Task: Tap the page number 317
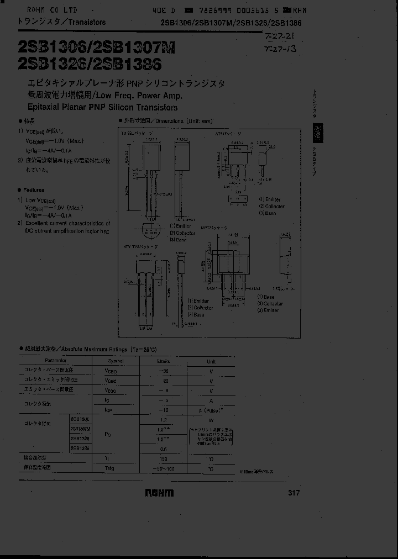click(x=294, y=493)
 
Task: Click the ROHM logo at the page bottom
click(x=159, y=493)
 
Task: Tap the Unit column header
click(x=211, y=361)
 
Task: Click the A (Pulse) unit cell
click(x=211, y=410)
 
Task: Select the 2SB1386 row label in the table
click(x=81, y=448)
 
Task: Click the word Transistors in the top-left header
click(x=87, y=22)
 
